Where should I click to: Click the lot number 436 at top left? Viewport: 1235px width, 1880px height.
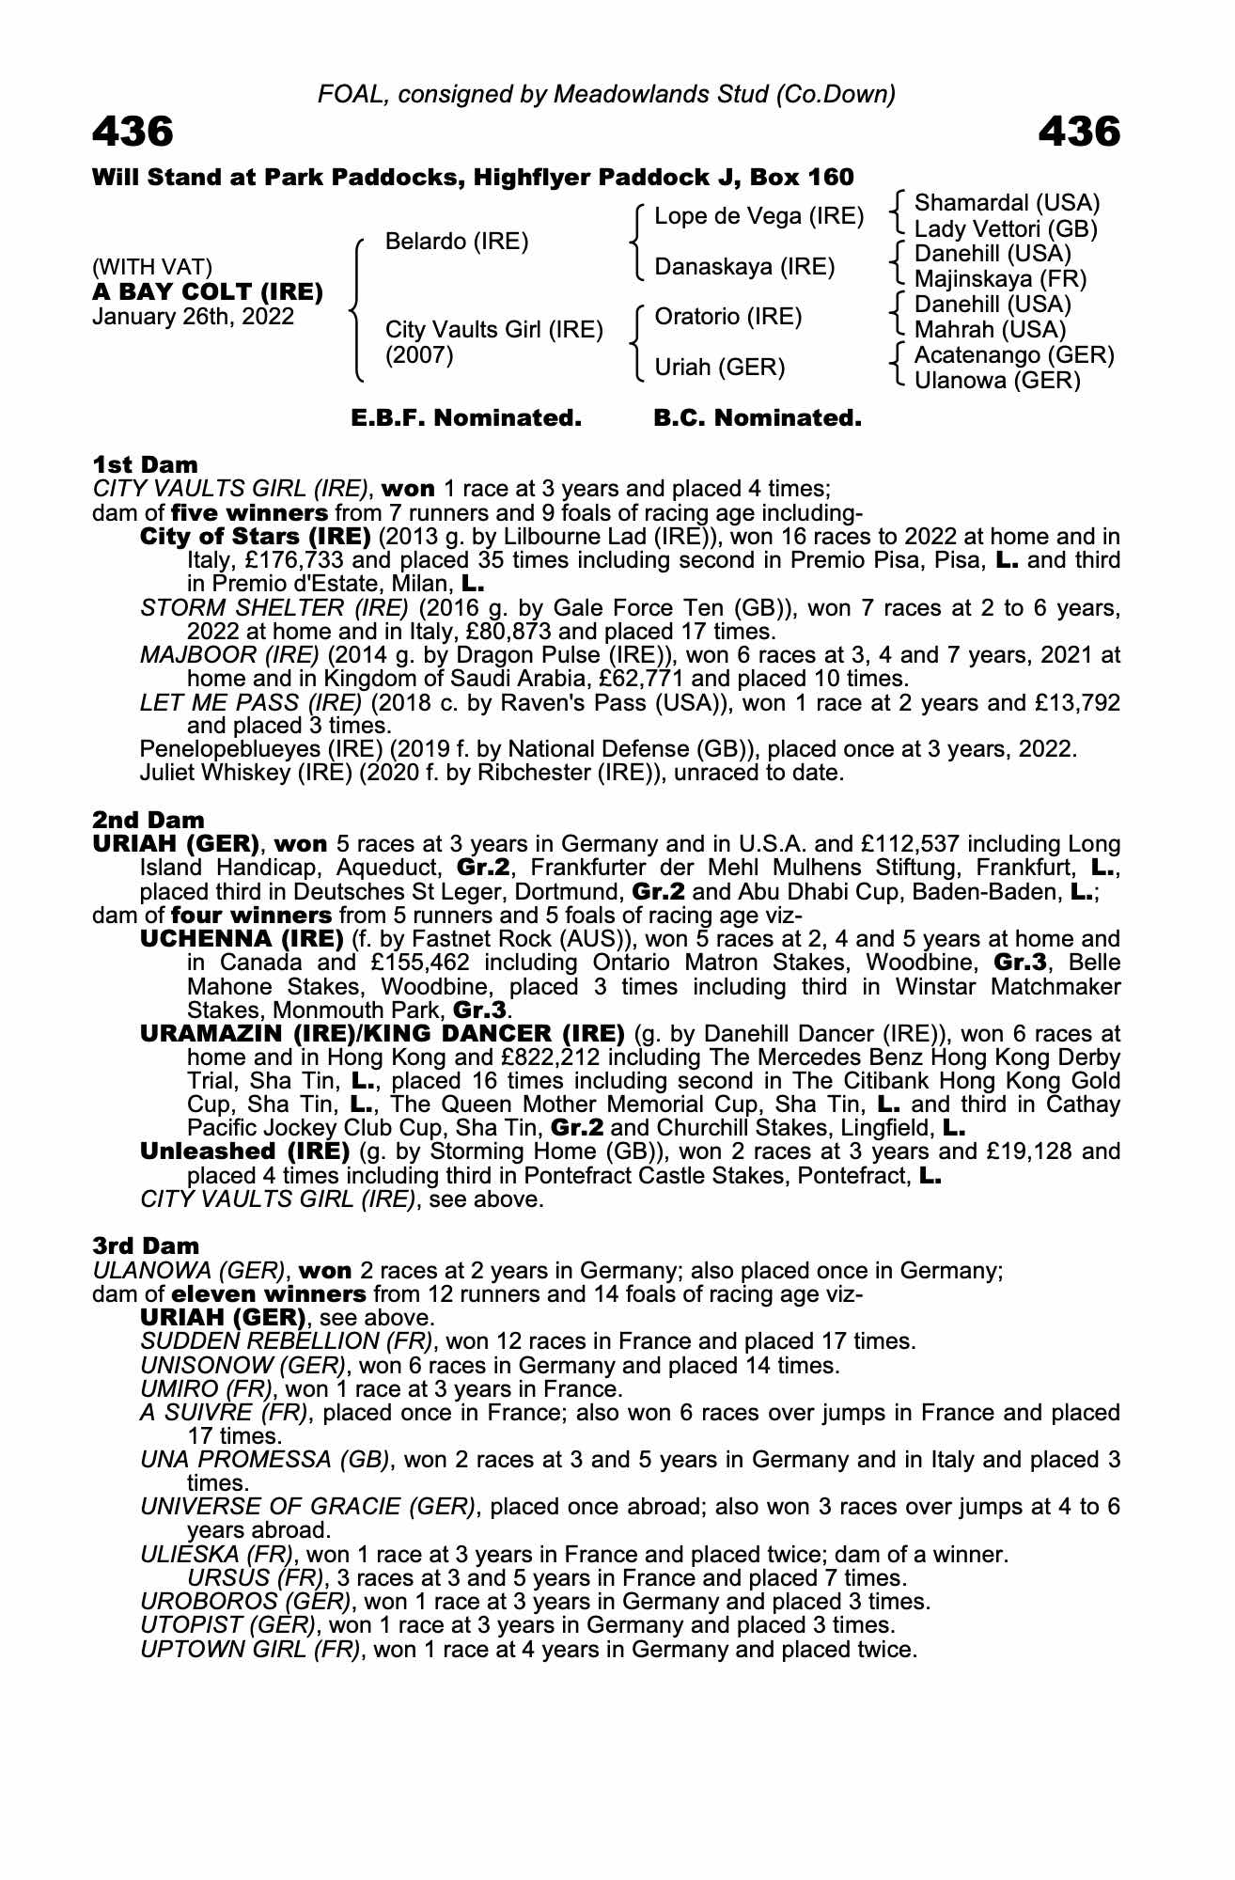[133, 132]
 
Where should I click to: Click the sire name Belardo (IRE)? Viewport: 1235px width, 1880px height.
[457, 242]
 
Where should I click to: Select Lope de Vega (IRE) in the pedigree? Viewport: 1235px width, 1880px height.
[758, 216]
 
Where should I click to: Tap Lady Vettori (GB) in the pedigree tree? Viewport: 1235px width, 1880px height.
[1006, 228]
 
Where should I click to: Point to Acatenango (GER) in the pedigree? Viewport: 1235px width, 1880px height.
[1014, 355]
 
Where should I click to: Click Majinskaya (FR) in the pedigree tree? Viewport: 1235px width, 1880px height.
[1000, 279]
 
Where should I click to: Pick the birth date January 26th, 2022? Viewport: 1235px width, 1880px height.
[193, 317]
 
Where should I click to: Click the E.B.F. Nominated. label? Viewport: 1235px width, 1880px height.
[466, 418]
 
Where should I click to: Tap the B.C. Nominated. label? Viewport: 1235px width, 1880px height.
[758, 418]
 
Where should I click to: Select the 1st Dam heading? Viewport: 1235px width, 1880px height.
[145, 464]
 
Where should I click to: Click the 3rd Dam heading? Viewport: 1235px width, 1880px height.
[146, 1245]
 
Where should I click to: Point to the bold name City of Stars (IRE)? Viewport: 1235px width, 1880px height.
[255, 537]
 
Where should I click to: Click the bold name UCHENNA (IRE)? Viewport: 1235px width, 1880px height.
[242, 939]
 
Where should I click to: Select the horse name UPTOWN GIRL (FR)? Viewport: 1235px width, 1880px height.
[250, 1649]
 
